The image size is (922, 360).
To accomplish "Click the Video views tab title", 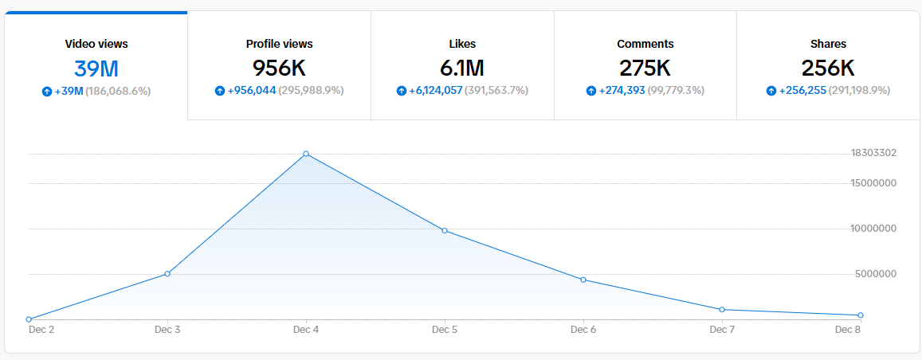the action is pos(96,44).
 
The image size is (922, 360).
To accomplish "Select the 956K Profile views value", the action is pos(279,68).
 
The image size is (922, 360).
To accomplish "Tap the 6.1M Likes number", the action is pos(462,68).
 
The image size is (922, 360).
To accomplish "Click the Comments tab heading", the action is pos(645,44).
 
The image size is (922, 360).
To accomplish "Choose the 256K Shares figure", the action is pos(828,68).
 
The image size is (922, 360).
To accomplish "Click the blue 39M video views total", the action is pos(96,68).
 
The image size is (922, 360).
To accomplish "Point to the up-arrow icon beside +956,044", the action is pos(220,91).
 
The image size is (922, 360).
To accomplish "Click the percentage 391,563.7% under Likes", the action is pos(496,91).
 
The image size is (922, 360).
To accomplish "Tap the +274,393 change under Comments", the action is pos(622,91).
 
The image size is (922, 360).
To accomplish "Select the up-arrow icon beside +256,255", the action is pos(771,91).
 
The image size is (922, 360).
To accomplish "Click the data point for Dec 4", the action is pos(306,154).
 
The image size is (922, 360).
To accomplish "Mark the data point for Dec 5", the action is pos(445,230).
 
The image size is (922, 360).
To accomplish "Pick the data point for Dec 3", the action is pos(167,274).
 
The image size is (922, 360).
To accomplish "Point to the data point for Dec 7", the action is pos(721,310).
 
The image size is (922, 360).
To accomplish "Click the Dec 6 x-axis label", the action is pos(583,330).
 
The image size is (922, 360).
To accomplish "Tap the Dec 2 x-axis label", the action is pos(41,330).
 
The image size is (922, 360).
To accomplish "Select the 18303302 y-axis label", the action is pos(873,153).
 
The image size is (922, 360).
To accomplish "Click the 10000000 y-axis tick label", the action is pos(873,229).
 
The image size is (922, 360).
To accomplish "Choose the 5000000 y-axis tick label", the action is pos(876,274).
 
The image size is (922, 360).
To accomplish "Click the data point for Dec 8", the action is pos(861,315).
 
